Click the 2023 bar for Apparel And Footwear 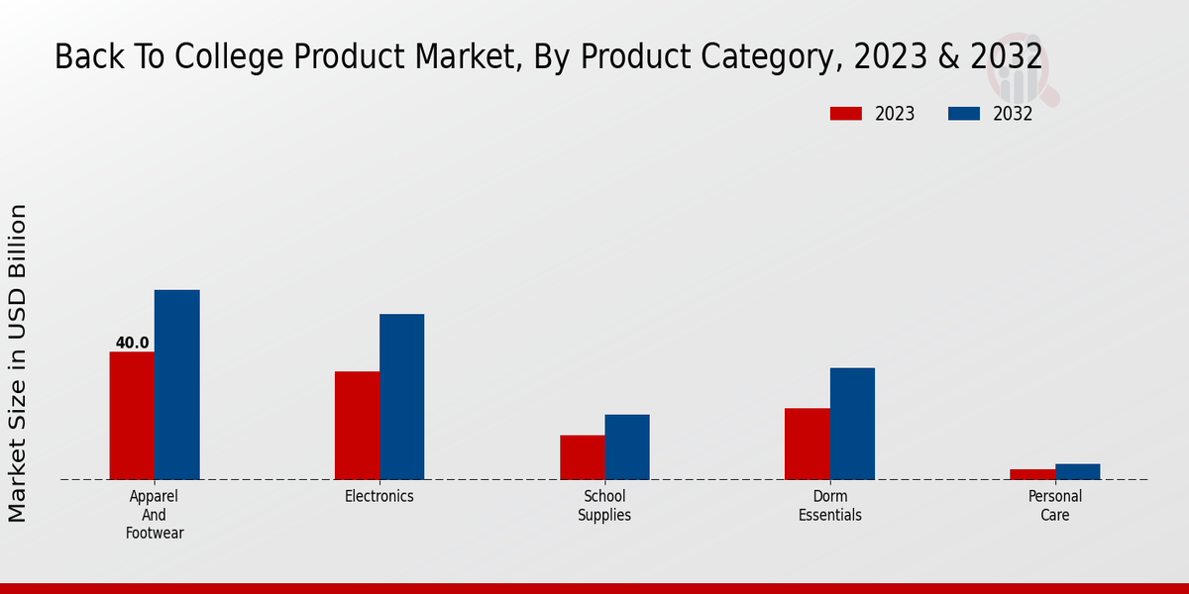(x=132, y=416)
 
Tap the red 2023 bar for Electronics (x=357, y=426)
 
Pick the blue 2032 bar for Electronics (x=401, y=396)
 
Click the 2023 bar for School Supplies (x=582, y=457)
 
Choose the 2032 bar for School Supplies (x=627, y=446)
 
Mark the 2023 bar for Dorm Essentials (x=807, y=444)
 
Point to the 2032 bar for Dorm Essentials (x=852, y=424)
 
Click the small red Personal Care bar (x=1032, y=474)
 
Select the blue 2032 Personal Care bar (x=1077, y=471)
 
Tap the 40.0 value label (x=132, y=343)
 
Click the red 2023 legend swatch (x=845, y=114)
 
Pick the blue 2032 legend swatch (x=963, y=114)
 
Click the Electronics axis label (x=379, y=496)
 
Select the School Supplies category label (x=604, y=505)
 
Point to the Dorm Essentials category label (x=830, y=505)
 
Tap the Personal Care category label (x=1055, y=505)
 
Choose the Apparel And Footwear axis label (x=155, y=514)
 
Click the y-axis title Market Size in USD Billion (x=18, y=363)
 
